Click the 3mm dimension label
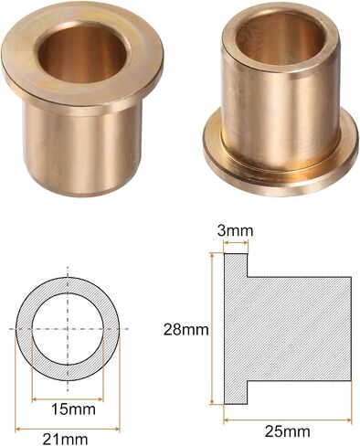(235, 231)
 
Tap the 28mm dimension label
(186, 330)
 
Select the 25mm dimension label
(288, 431)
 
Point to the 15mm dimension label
(73, 409)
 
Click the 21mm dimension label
(65, 440)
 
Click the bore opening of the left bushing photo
(82, 52)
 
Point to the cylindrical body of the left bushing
(82, 149)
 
